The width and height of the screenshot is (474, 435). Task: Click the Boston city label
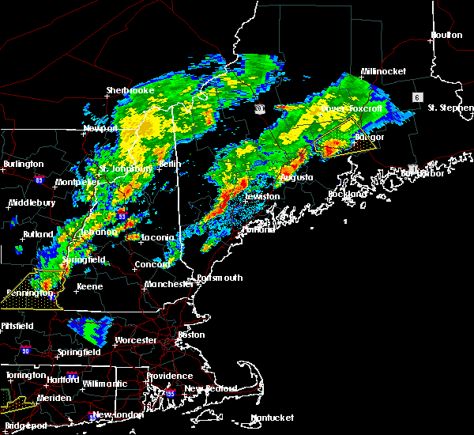tap(191, 335)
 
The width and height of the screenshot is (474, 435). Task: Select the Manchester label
tap(169, 284)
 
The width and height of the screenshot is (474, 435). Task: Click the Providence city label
tap(170, 376)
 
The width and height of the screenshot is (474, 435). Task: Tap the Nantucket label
tap(272, 418)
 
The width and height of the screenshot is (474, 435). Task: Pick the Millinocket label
tap(383, 71)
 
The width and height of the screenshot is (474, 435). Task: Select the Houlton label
tap(446, 35)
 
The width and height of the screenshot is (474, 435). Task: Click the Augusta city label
tap(293, 177)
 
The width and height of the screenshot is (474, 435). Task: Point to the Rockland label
tap(348, 194)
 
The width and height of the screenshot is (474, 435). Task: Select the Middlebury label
tap(31, 202)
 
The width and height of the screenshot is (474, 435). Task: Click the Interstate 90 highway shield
tap(24, 350)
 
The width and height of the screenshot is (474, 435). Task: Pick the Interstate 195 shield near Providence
tap(169, 392)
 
